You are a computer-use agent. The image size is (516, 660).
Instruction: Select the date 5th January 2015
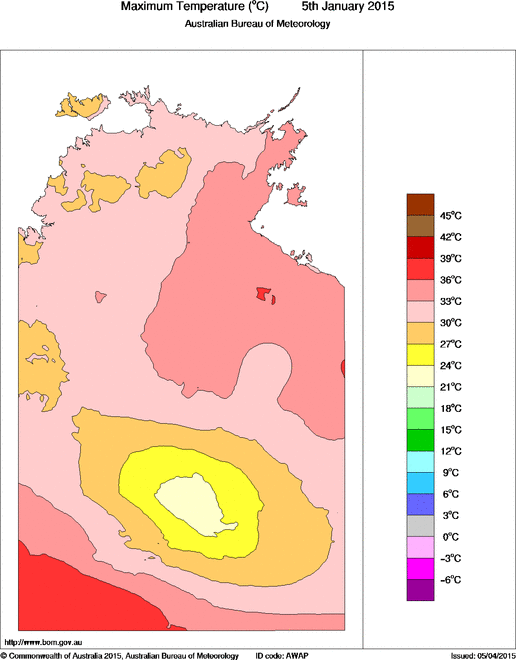click(x=340, y=7)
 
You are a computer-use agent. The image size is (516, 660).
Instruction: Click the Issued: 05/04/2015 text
click(x=482, y=654)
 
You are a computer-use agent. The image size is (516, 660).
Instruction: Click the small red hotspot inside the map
click(x=265, y=294)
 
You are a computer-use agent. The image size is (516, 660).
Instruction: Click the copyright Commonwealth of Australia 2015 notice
click(x=120, y=654)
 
